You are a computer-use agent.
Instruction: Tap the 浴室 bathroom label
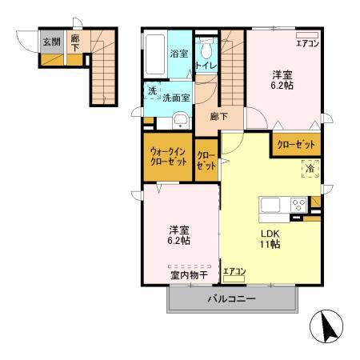point(178,54)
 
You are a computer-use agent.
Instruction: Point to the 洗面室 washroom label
point(176,98)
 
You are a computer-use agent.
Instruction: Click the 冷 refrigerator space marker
point(308,170)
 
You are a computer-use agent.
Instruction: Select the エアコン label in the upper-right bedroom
point(308,44)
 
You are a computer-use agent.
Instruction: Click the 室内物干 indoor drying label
point(188,274)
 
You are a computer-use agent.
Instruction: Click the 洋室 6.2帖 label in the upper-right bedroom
point(281,78)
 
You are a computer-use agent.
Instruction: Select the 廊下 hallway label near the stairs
point(218,117)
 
